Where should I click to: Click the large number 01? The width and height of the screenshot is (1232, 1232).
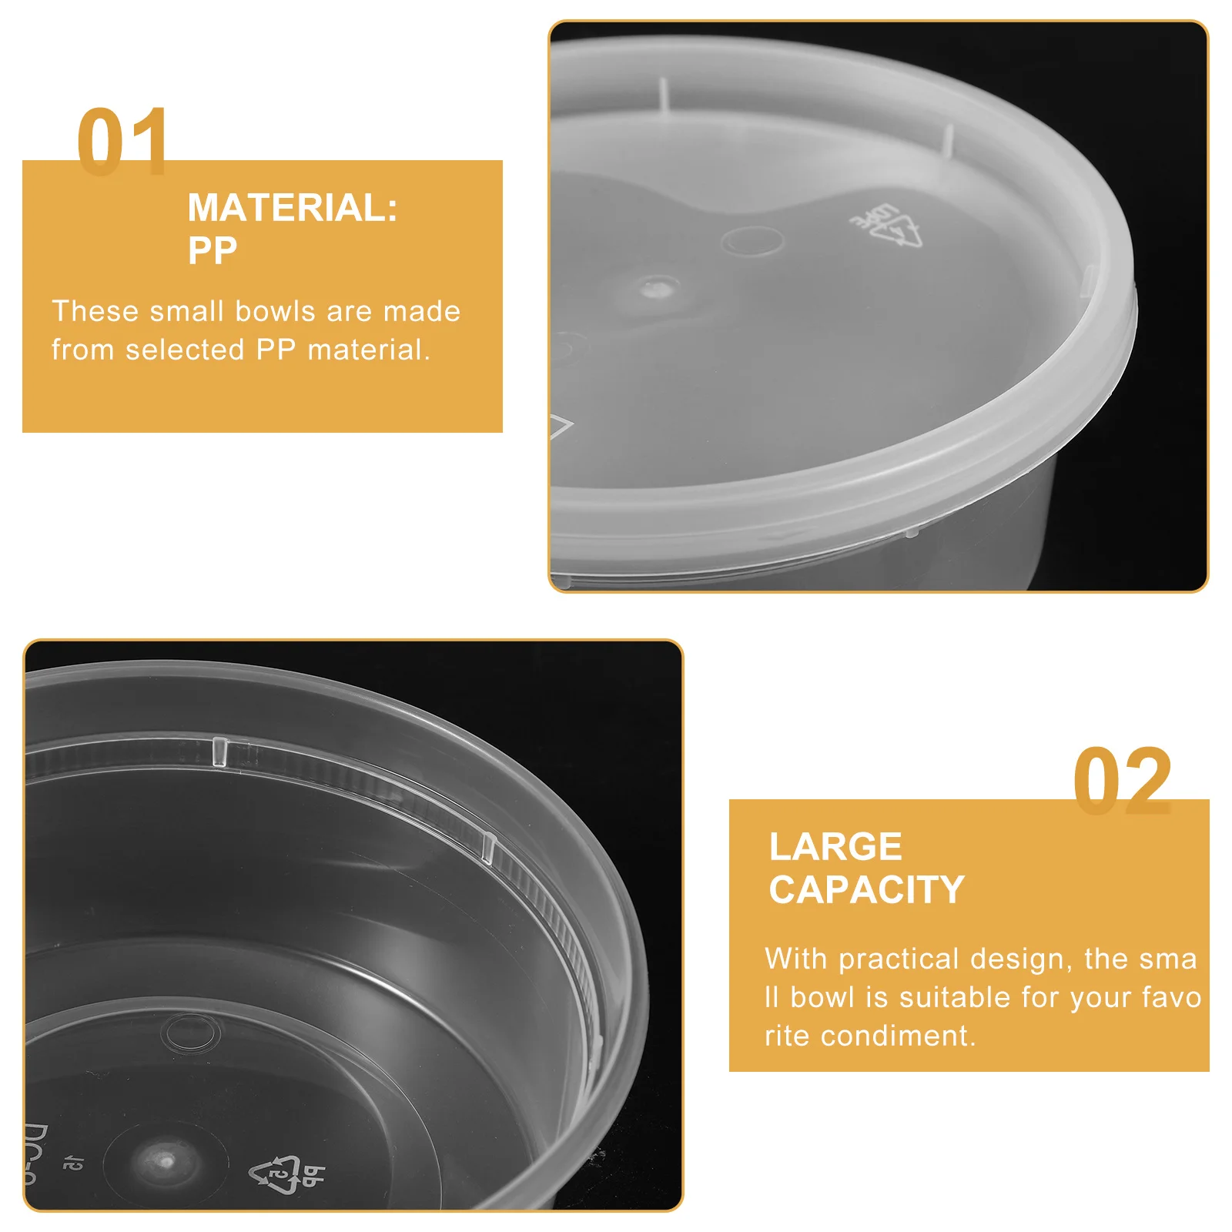point(122,142)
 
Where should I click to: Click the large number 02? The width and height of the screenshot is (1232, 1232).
point(1122,781)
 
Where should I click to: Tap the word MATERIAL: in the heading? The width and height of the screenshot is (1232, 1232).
point(293,208)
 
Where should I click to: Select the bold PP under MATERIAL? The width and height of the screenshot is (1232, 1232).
point(213,250)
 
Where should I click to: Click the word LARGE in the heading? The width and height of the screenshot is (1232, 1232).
point(835,847)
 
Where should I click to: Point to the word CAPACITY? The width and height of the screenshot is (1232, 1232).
point(866,890)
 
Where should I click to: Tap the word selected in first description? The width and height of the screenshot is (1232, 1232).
point(185,350)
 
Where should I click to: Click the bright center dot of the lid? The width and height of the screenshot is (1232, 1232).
point(656,289)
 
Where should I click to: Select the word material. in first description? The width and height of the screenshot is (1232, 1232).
point(369,350)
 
